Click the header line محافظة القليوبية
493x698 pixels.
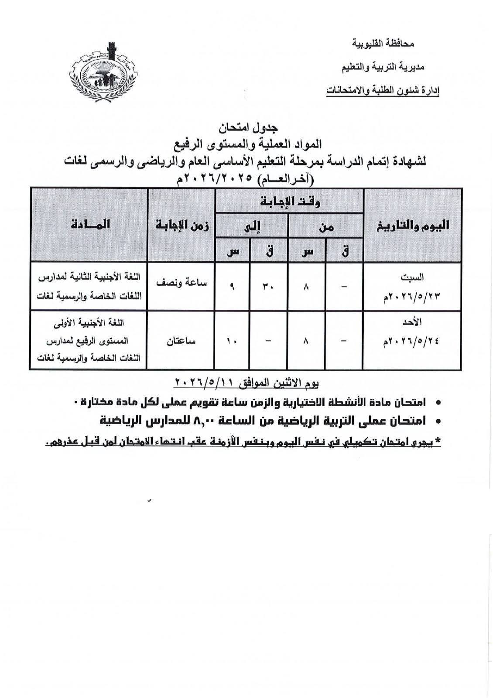pyautogui.click(x=382, y=44)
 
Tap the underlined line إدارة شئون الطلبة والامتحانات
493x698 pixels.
pyautogui.click(x=383, y=91)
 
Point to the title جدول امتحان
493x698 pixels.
pyautogui.click(x=246, y=128)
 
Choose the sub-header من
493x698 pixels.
pyautogui.click(x=325, y=226)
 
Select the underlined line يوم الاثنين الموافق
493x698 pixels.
pyautogui.click(x=246, y=383)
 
